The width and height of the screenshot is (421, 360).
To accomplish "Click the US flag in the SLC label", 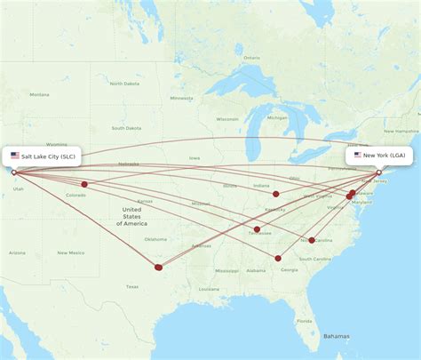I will click(x=15, y=156).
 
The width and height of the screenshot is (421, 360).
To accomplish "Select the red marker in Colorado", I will click(x=84, y=185).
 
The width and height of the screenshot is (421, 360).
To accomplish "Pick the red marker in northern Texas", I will click(x=159, y=267).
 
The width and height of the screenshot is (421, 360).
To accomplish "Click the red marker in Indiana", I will click(x=276, y=194).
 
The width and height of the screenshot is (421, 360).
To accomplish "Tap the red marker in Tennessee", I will click(x=257, y=230).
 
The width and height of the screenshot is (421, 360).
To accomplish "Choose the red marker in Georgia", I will click(x=278, y=259).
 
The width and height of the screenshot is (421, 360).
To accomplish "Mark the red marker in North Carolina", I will click(x=312, y=240).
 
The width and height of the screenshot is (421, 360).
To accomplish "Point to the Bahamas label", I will click(x=336, y=336).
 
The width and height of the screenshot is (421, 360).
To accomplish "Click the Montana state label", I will click(x=40, y=94).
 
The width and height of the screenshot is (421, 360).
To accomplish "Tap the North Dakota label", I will click(x=123, y=84).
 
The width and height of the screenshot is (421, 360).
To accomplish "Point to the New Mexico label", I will click(x=70, y=252).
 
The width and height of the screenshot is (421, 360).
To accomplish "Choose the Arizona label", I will click(x=18, y=252).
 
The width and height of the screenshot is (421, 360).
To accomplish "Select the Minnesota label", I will click(x=182, y=98).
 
